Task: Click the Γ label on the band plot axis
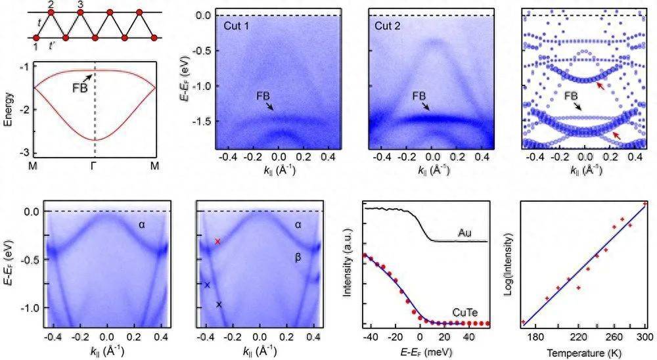pos(96,166)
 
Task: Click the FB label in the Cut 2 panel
pos(418,95)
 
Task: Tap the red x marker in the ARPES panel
pos(218,242)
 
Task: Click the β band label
pos(297,259)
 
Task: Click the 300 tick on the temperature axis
pos(645,337)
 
